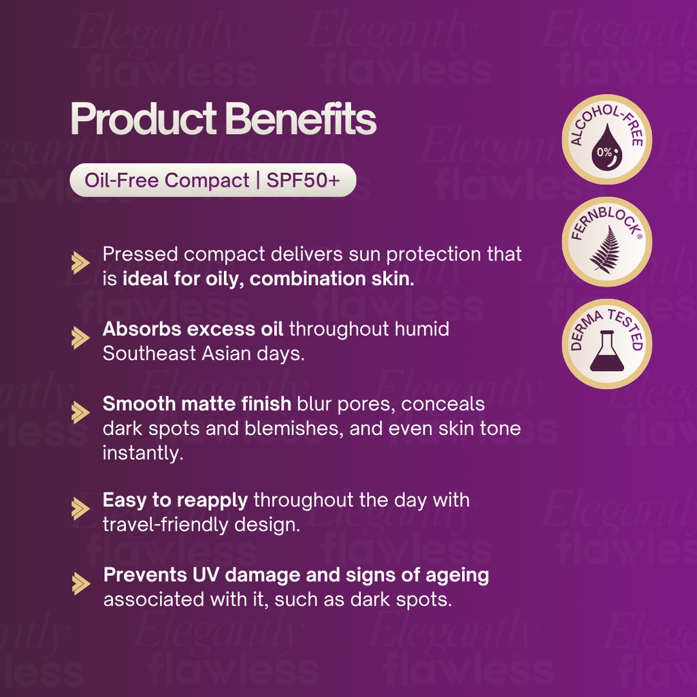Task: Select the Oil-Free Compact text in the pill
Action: pyautogui.click(x=167, y=180)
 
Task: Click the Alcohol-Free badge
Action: pyautogui.click(x=606, y=140)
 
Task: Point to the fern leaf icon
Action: pyautogui.click(x=603, y=249)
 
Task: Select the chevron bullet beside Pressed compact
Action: pyautogui.click(x=81, y=263)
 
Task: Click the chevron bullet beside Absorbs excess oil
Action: pyautogui.click(x=81, y=337)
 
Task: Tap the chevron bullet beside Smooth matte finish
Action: pyautogui.click(x=81, y=412)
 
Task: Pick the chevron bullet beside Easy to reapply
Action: pyautogui.click(x=81, y=508)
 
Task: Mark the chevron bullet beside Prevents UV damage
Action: pyautogui.click(x=81, y=583)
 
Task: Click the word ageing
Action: pyautogui.click(x=457, y=575)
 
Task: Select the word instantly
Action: pyautogui.click(x=142, y=454)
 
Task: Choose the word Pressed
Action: pyautogui.click(x=140, y=255)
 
